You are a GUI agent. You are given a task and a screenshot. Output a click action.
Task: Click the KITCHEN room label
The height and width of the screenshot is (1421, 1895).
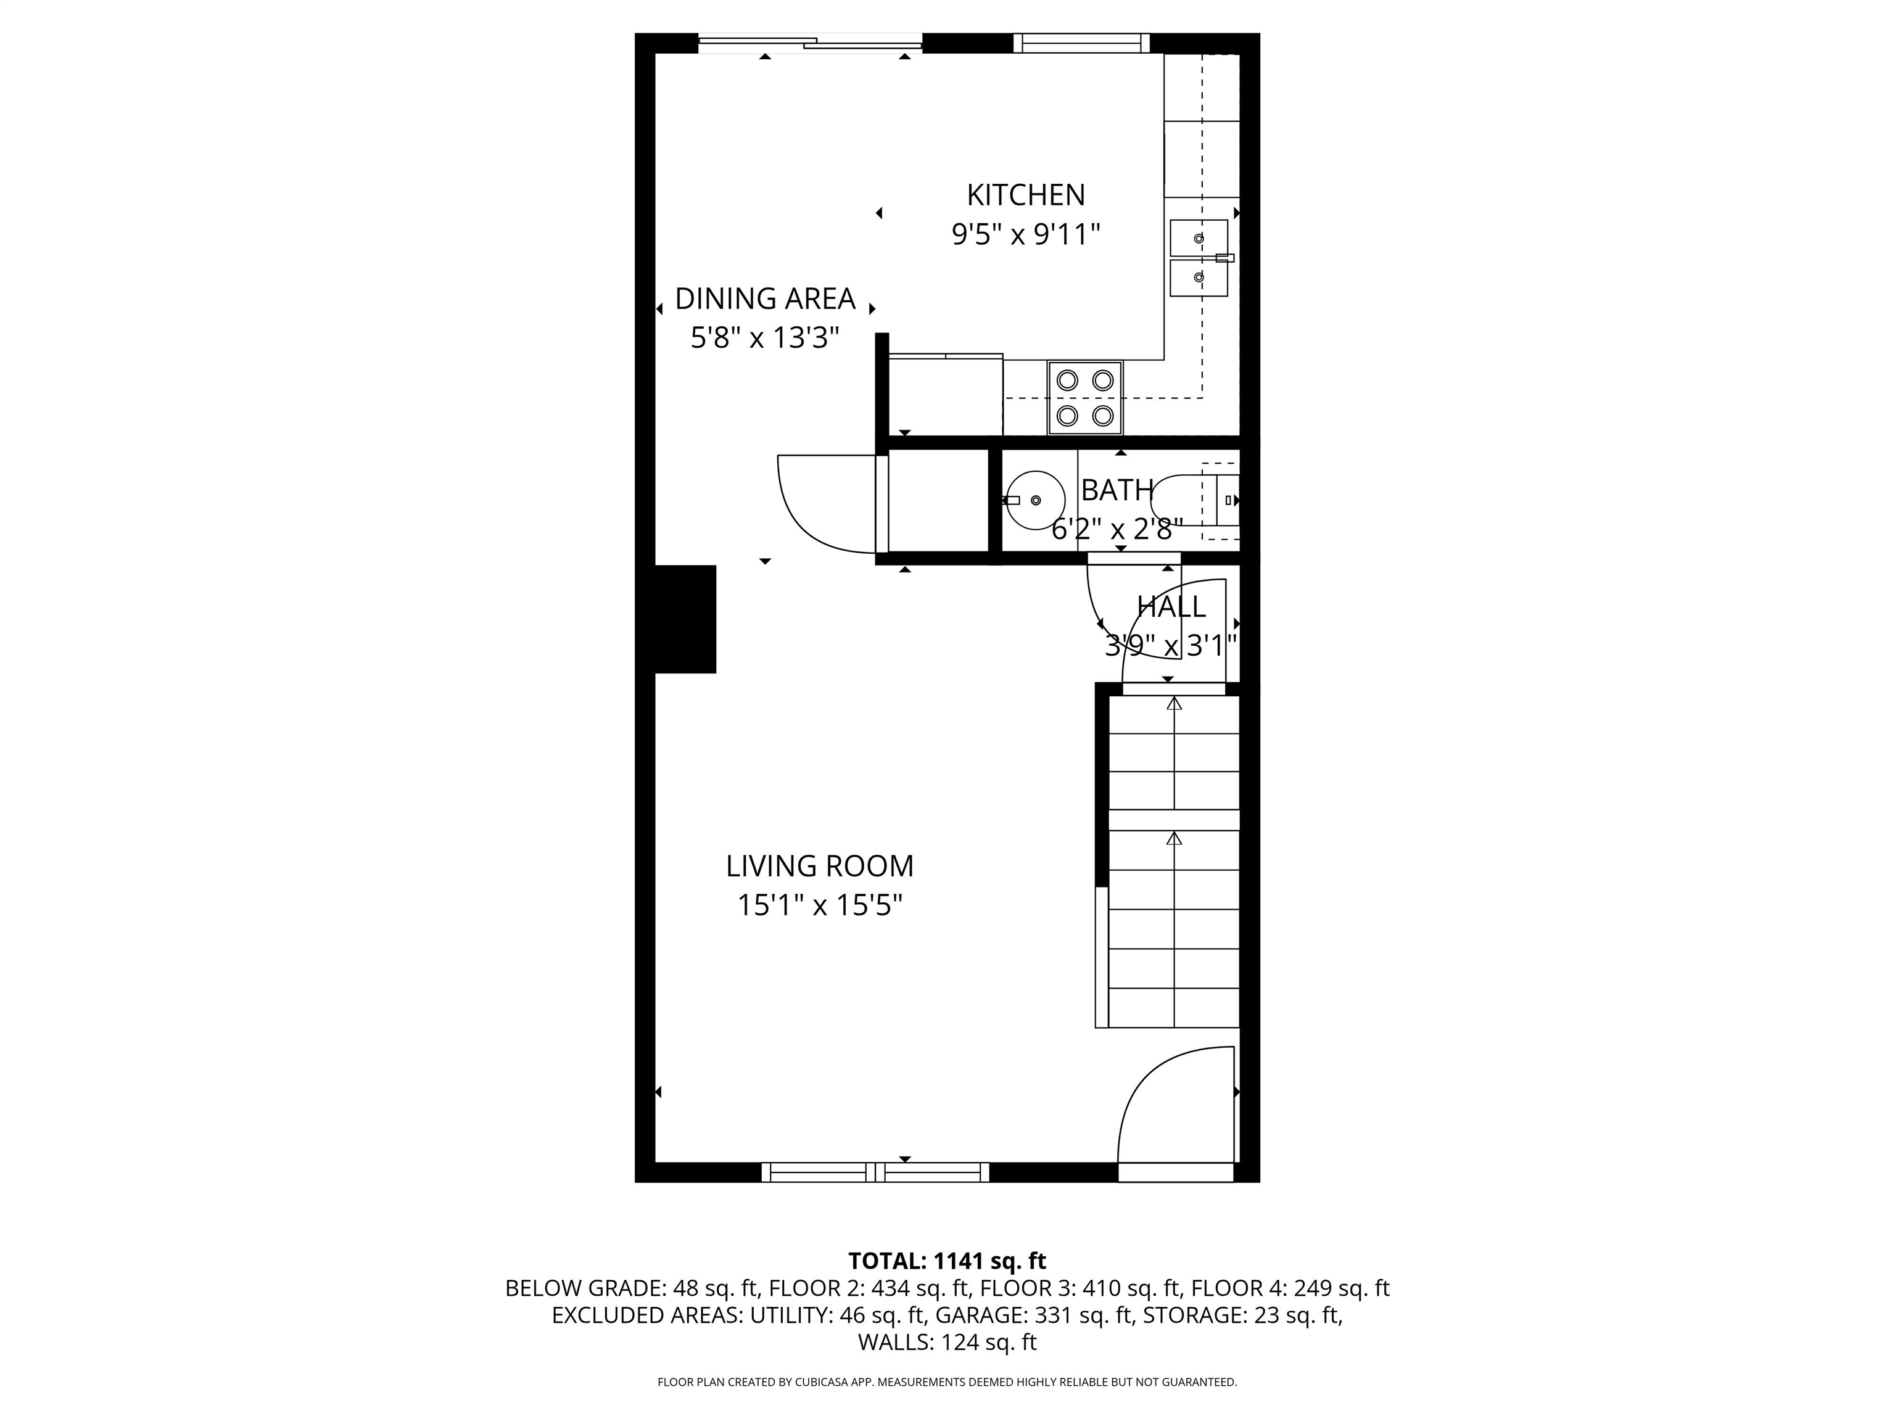tap(1025, 196)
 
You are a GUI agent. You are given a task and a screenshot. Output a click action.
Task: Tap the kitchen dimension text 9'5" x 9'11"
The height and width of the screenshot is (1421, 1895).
tap(1025, 234)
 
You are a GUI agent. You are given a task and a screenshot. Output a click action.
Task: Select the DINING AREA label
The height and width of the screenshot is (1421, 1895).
tap(765, 299)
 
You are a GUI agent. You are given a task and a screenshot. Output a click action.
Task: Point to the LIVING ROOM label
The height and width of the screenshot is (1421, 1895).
tap(820, 866)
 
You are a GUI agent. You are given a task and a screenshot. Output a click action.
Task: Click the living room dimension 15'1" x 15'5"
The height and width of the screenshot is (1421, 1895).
tap(820, 905)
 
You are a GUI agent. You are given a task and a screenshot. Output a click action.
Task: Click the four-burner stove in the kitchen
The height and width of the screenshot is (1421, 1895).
tap(1084, 397)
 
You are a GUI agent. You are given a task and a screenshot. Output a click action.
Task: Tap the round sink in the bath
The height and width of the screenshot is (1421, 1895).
tap(1035, 500)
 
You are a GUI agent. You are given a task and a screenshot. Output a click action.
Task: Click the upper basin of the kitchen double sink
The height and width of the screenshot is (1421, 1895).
tap(1199, 238)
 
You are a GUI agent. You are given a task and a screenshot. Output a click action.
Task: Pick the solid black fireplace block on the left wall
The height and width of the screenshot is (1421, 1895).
tap(685, 619)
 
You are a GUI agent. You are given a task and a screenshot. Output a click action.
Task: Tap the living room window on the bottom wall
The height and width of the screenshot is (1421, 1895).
tap(875, 1172)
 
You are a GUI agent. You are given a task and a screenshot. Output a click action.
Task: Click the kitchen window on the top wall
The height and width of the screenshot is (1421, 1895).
tap(1081, 43)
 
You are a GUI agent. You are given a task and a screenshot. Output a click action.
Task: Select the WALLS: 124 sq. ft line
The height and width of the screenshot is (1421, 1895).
tap(947, 1342)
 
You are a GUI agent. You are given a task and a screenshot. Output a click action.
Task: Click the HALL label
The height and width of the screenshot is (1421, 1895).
tap(1171, 606)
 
